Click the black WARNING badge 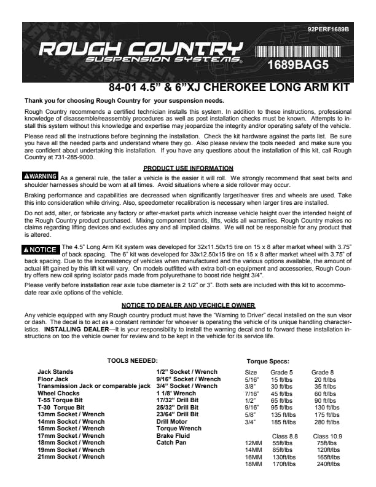pos(41,176)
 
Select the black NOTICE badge pos(41,250)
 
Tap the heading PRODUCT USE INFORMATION pos(187,168)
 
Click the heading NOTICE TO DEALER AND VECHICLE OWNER pos(188,306)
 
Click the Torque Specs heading pos(268,362)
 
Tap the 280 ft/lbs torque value pos(326,422)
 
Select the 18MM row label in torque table pos(254,464)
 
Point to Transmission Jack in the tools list pos(94,386)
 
